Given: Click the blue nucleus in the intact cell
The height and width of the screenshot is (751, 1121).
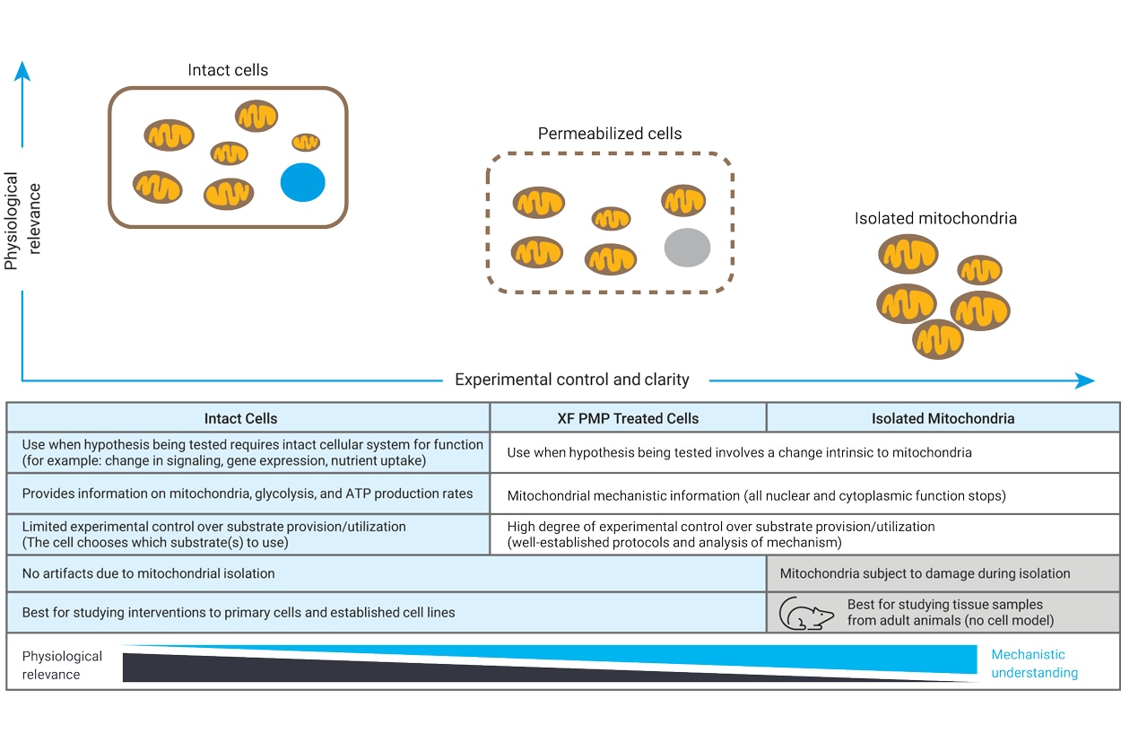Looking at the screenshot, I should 302,182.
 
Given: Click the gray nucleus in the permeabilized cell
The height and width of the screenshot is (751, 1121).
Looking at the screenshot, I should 687,248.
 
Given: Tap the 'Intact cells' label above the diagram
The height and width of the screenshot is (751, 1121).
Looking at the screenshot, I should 228,70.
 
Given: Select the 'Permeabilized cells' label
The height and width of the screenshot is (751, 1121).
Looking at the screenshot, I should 610,134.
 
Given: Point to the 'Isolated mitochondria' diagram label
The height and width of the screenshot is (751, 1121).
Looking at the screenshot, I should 935,218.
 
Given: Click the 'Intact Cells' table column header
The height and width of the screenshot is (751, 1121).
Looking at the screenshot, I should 240,418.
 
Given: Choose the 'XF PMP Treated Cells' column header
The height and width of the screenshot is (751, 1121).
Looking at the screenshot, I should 628,418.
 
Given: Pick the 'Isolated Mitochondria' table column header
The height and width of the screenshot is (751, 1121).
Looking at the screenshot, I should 943,418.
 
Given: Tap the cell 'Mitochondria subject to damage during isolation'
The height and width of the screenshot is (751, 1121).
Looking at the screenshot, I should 925,573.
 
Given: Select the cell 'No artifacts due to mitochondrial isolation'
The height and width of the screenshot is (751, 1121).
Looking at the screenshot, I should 149,573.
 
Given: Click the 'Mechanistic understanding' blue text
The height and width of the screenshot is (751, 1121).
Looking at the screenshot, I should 1033,664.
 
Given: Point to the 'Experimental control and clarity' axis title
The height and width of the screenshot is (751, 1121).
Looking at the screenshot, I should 571,380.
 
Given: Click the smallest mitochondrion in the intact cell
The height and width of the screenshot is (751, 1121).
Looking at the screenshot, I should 306,142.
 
